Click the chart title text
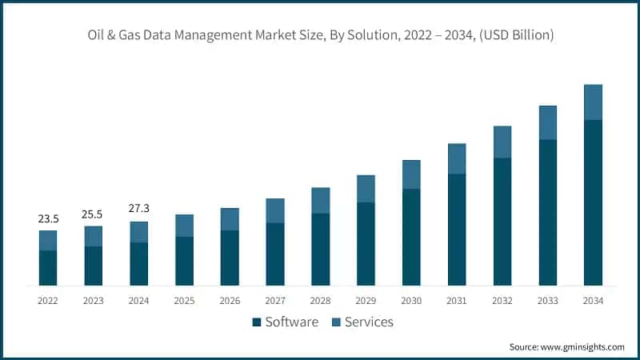[320, 35]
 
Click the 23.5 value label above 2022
[48, 218]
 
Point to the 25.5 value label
[94, 214]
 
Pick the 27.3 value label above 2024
[139, 209]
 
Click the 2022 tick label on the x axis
[48, 301]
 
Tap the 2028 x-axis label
[321, 301]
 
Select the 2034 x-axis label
[593, 301]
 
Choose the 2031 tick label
[457, 301]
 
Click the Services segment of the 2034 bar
[593, 102]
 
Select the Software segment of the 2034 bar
[593, 202]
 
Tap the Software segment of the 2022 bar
[48, 268]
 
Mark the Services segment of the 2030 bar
[411, 174]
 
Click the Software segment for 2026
[230, 258]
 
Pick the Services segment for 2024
[139, 232]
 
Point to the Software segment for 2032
[502, 222]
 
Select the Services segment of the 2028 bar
[321, 201]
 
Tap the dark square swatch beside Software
[257, 322]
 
